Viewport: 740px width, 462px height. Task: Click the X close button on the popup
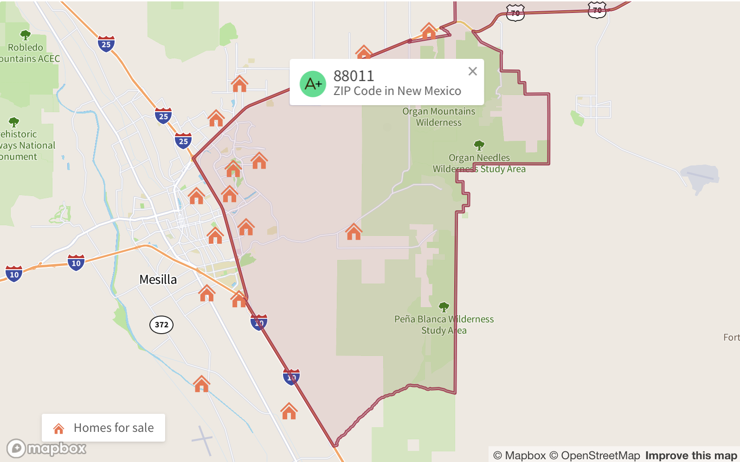[x=472, y=71]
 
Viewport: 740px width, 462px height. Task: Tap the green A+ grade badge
[x=313, y=84]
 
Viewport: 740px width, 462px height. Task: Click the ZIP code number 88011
[x=354, y=76]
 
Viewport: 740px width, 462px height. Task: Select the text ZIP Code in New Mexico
[x=397, y=91]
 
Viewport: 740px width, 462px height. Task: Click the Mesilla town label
[x=158, y=279]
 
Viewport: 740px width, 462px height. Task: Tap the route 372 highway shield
[x=161, y=324]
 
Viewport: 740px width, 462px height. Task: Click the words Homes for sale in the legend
[x=114, y=428]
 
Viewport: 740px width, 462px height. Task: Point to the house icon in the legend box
[x=59, y=429]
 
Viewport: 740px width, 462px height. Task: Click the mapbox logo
[x=46, y=448]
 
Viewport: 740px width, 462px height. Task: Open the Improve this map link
[x=691, y=456]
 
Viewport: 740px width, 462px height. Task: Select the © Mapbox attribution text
[x=519, y=456]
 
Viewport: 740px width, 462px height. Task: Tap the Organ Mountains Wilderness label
[x=438, y=117]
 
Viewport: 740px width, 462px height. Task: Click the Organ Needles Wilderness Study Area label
[x=479, y=163]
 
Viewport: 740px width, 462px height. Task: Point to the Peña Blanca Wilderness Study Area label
[x=444, y=324]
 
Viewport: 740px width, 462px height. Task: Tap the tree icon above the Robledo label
[x=26, y=35]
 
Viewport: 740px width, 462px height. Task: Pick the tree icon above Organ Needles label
[x=479, y=146]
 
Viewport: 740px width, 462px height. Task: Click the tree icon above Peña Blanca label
[x=444, y=307]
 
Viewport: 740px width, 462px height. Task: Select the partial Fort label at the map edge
[x=731, y=337]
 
